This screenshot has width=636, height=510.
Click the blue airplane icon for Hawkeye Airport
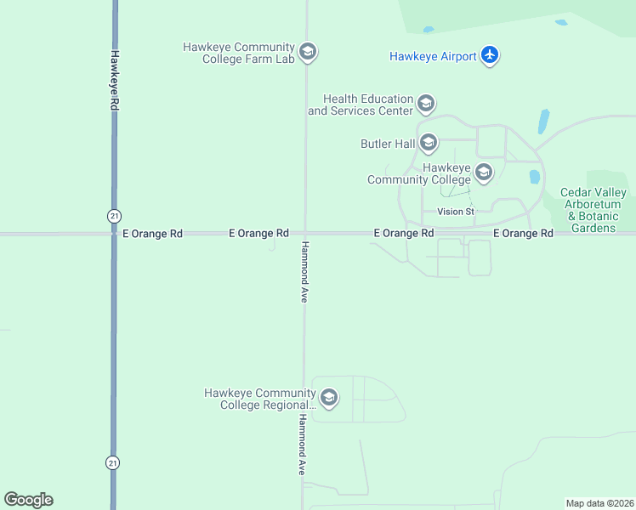[489, 56]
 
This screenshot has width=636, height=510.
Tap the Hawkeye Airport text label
[432, 57]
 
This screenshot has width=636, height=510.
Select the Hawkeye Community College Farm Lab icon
[308, 53]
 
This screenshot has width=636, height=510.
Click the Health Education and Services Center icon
[426, 105]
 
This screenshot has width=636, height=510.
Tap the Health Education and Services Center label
[361, 105]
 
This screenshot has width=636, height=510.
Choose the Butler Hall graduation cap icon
[428, 144]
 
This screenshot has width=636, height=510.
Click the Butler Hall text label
[387, 144]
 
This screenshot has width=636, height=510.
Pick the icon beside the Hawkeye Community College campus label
[484, 173]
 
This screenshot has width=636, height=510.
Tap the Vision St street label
[455, 211]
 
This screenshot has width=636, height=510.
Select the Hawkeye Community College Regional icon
[329, 398]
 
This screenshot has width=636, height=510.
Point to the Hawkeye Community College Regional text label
[260, 399]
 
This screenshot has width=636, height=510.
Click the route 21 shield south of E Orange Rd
[113, 462]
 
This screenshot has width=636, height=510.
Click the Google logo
[28, 500]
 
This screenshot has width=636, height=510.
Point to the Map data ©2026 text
[599, 503]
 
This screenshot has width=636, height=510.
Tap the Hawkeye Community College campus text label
[420, 173]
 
